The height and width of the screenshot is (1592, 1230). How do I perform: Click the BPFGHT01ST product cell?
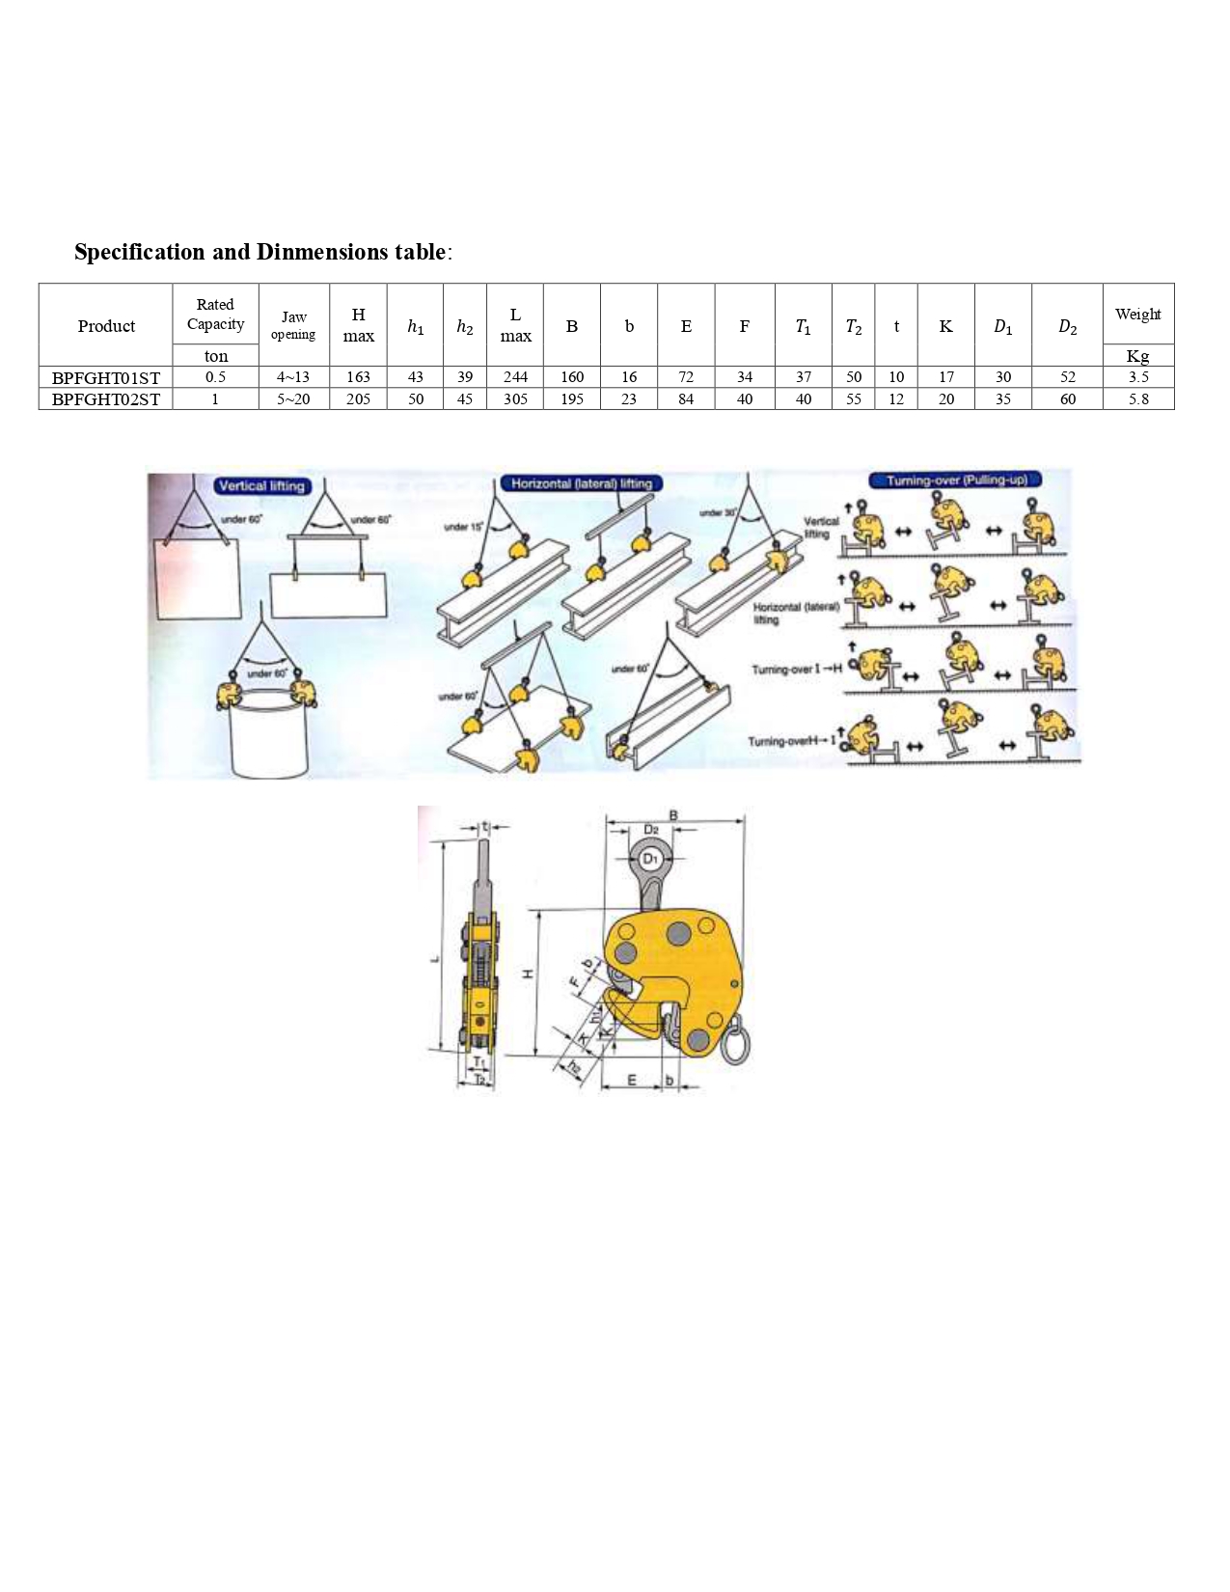click(106, 377)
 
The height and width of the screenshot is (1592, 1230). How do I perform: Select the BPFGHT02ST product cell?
click(106, 399)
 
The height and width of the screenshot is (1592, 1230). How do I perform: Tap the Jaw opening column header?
click(293, 325)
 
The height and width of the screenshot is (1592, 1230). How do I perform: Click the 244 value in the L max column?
click(515, 377)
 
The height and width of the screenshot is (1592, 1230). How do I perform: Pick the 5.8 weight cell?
click(1138, 399)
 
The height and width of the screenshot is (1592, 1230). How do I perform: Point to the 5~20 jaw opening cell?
click(293, 399)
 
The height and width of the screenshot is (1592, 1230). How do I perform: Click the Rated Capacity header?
click(215, 315)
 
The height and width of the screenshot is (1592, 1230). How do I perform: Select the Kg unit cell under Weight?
click(1138, 356)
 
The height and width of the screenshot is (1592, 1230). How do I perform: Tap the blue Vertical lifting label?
click(261, 485)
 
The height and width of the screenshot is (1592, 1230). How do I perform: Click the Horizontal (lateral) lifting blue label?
click(581, 483)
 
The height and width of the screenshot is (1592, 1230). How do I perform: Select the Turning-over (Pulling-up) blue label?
click(956, 480)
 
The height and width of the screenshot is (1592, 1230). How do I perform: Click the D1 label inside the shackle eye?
click(651, 858)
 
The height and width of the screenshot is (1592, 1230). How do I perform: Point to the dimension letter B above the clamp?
click(673, 815)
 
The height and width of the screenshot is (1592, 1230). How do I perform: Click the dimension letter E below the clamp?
click(632, 1080)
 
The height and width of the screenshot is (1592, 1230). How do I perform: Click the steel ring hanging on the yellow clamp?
click(735, 1043)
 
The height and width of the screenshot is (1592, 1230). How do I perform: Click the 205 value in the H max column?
click(358, 399)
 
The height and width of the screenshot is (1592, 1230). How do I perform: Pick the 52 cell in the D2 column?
click(1067, 377)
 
